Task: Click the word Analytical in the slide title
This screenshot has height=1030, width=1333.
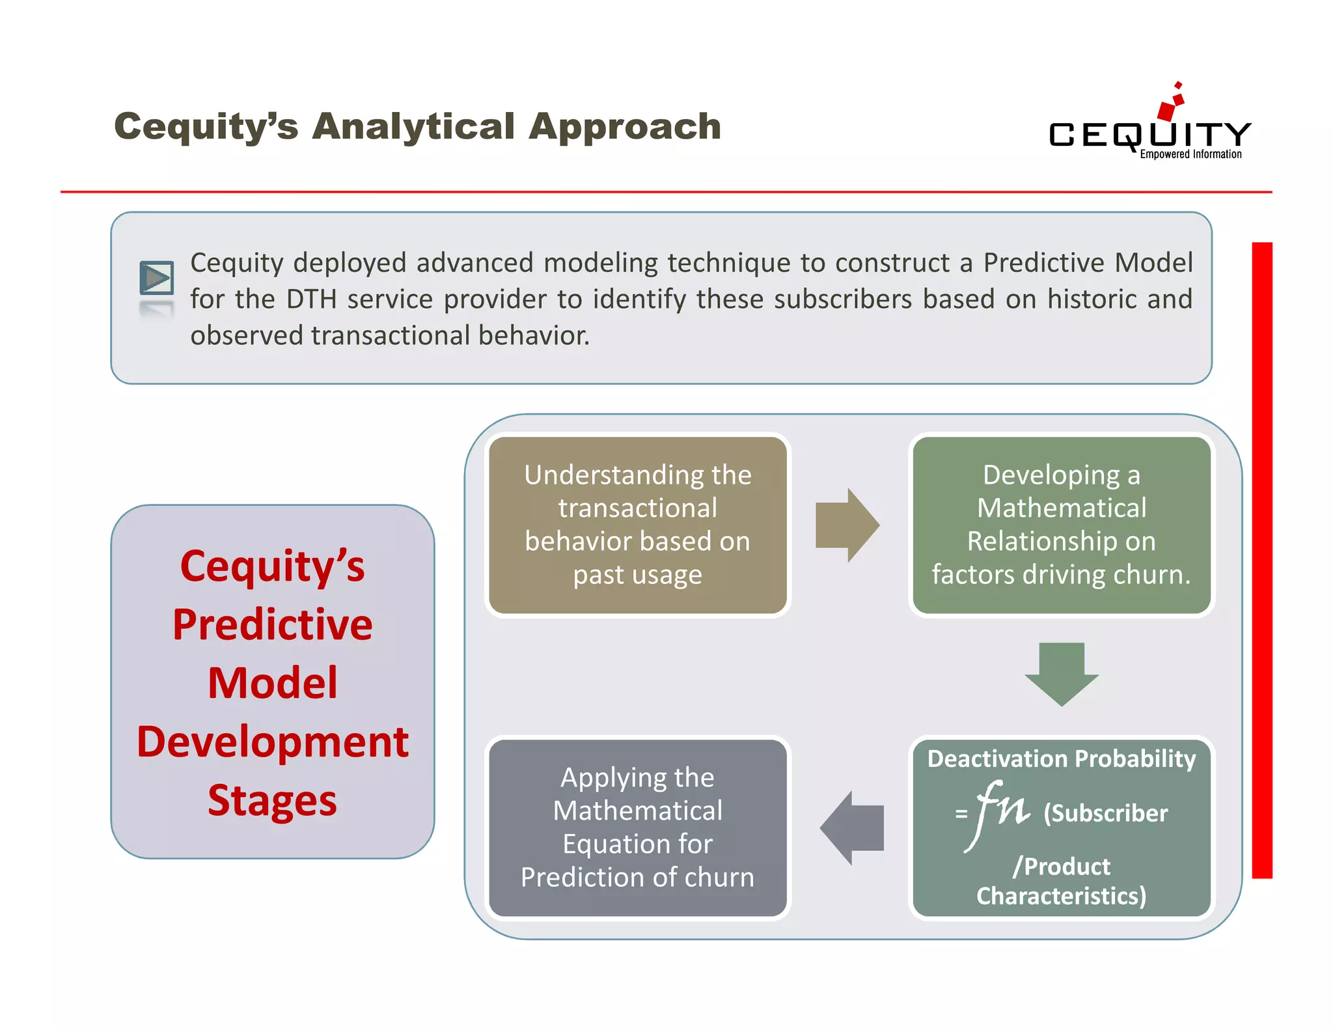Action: [413, 126]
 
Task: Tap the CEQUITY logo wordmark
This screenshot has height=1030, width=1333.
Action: [1149, 135]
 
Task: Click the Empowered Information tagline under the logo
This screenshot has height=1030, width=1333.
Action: [1190, 154]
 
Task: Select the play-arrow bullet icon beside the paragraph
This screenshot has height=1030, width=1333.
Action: [157, 279]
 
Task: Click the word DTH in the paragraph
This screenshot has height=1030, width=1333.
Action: [311, 299]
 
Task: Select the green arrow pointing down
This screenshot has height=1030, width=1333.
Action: [1062, 674]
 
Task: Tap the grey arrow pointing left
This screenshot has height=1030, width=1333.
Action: [852, 828]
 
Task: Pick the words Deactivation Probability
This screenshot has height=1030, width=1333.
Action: [1061, 759]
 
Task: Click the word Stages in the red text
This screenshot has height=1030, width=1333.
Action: [272, 800]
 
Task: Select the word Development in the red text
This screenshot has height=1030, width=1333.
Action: [272, 742]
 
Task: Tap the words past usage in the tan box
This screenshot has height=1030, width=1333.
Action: [637, 575]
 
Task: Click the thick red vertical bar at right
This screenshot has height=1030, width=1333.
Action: [1261, 560]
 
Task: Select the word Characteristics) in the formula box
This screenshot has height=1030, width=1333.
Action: [1061, 897]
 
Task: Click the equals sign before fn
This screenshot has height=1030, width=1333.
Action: [961, 814]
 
